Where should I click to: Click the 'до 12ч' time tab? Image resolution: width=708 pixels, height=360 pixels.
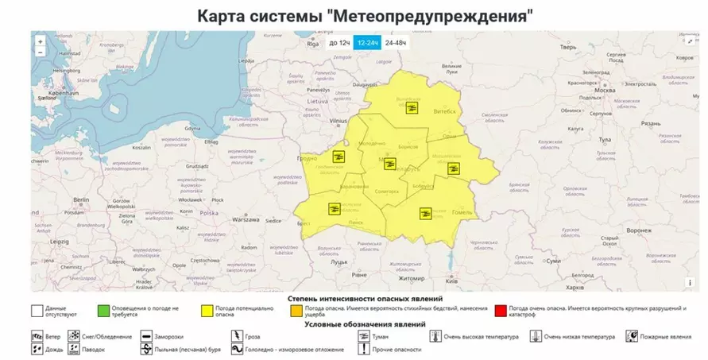pyautogui.click(x=339, y=43)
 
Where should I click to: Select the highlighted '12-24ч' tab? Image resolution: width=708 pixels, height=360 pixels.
pyautogui.click(x=367, y=43)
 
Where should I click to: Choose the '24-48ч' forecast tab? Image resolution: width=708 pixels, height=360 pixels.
pyautogui.click(x=396, y=43)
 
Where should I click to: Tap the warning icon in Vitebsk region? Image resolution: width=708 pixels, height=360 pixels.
pyautogui.click(x=412, y=108)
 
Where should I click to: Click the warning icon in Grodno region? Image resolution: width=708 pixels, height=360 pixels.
pyautogui.click(x=339, y=157)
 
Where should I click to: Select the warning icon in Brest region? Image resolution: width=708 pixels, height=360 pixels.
pyautogui.click(x=334, y=209)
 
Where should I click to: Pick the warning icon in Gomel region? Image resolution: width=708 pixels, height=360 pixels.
pyautogui.click(x=426, y=213)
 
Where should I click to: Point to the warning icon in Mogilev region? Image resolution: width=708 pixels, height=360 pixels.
pyautogui.click(x=453, y=168)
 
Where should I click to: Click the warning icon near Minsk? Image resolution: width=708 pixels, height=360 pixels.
pyautogui.click(x=389, y=164)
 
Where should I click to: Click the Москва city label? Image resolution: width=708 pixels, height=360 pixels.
pyautogui.click(x=605, y=91)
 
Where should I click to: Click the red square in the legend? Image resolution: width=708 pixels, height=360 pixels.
pyautogui.click(x=500, y=311)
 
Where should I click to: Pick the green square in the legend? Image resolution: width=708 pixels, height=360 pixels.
pyautogui.click(x=103, y=311)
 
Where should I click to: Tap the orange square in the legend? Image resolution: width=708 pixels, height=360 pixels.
pyautogui.click(x=296, y=311)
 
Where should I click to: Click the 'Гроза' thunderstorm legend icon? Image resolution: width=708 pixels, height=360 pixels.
pyautogui.click(x=237, y=337)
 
